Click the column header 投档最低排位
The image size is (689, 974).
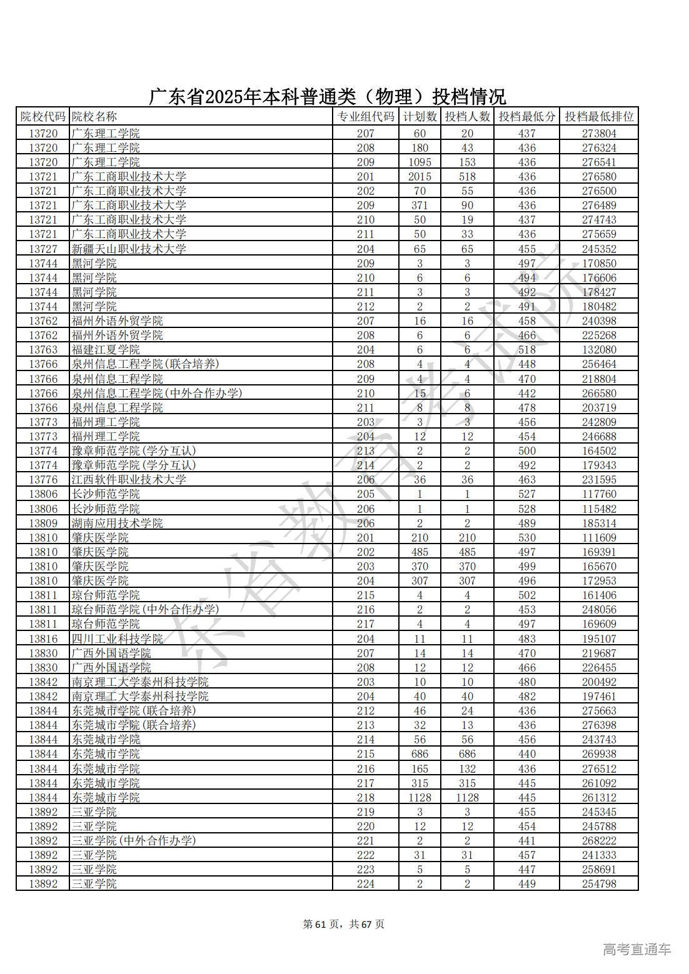pyautogui.click(x=598, y=117)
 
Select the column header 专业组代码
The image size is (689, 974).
pyautogui.click(x=366, y=117)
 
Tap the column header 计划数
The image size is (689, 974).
pyautogui.click(x=420, y=117)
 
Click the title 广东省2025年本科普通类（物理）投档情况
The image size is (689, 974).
pyautogui.click(x=327, y=97)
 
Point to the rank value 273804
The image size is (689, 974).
pyautogui.click(x=598, y=134)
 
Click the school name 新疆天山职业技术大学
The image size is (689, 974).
pyautogui.click(x=129, y=249)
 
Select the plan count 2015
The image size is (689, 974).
pyautogui.click(x=420, y=177)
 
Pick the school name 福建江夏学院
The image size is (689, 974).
pyautogui.click(x=106, y=350)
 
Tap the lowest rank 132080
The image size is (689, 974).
pyautogui.click(x=598, y=350)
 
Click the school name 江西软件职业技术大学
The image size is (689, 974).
pyautogui.click(x=129, y=480)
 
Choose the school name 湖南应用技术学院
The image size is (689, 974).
pyautogui.click(x=117, y=523)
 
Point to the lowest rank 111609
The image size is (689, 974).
pyautogui.click(x=598, y=537)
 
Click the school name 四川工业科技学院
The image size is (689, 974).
pyautogui.click(x=117, y=639)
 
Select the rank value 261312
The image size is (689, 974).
pyautogui.click(x=598, y=797)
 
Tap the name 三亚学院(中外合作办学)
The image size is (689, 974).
pyautogui.click(x=134, y=840)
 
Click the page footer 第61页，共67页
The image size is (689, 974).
pyautogui.click(x=343, y=924)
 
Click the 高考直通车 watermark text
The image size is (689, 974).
pyautogui.click(x=636, y=950)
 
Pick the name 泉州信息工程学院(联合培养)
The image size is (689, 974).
pyautogui.click(x=145, y=364)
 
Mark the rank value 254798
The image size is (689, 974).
pyautogui.click(x=598, y=884)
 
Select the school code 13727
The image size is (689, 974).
pyautogui.click(x=43, y=249)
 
